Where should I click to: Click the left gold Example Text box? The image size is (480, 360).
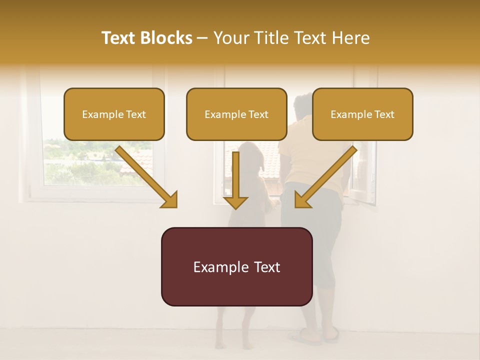coord(114,114)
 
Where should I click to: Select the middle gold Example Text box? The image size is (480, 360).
coord(236,114)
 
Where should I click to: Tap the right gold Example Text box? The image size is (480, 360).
coord(362,114)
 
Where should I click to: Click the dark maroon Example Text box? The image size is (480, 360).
coord(236,266)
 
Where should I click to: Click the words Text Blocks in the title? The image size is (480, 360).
coord(147,38)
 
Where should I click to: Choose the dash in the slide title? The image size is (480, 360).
coord(203,38)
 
